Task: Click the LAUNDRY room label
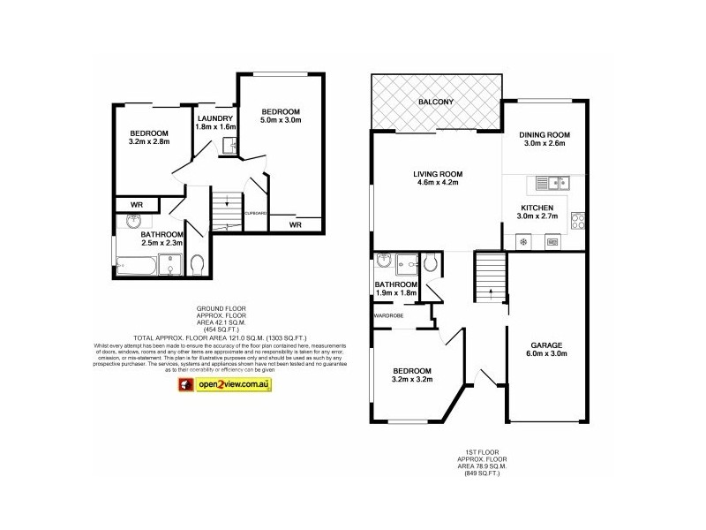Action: tap(215, 119)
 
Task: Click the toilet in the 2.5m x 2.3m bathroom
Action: tap(197, 263)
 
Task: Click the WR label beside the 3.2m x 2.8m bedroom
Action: tap(138, 205)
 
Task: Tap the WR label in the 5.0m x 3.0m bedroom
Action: tap(296, 224)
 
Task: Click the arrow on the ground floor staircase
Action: tap(227, 202)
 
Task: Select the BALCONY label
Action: tap(436, 102)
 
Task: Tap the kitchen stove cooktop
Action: tap(578, 220)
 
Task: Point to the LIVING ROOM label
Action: tap(439, 173)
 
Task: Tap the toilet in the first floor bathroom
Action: tap(430, 262)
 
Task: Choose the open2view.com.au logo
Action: tap(226, 384)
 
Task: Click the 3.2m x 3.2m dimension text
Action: tap(411, 382)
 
